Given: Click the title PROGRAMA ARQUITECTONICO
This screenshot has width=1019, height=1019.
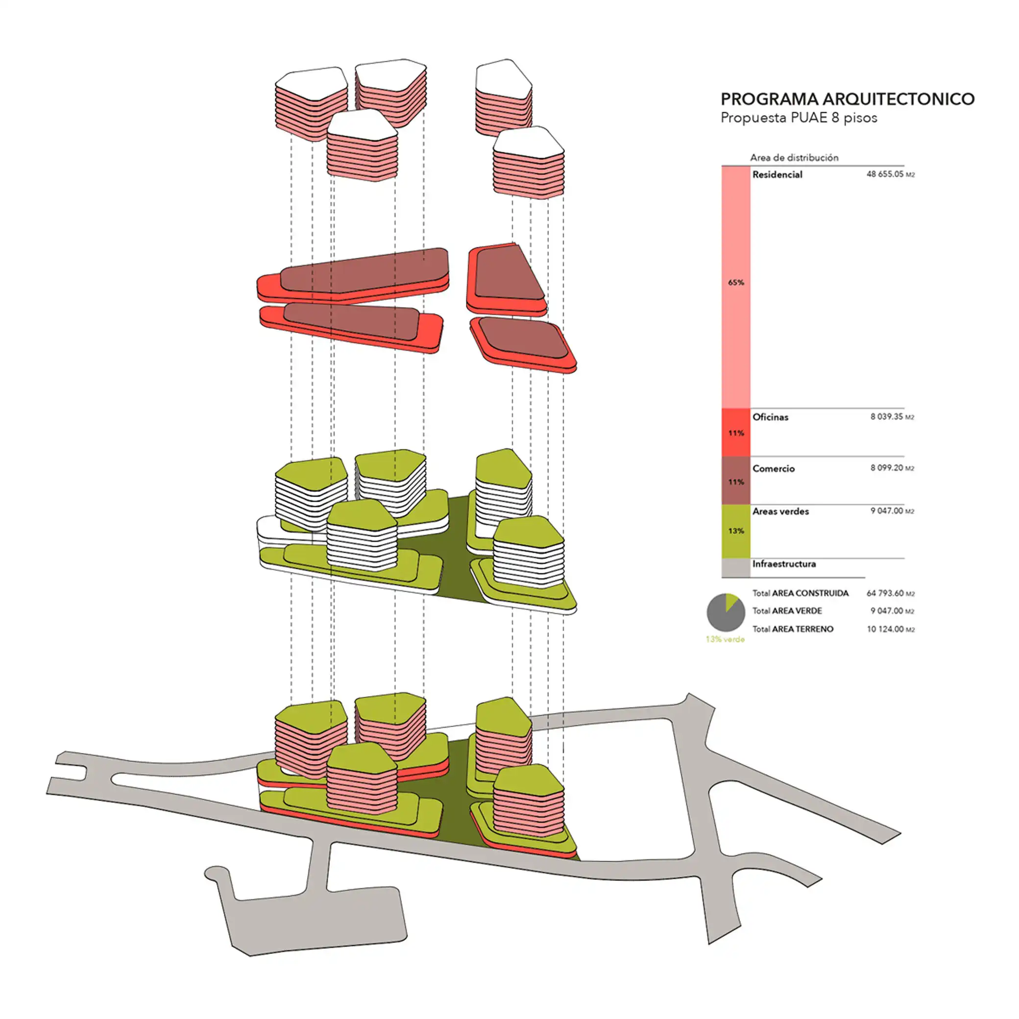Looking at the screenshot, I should coord(847,99).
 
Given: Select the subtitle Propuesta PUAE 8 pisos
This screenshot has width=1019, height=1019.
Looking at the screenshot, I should coord(799,118).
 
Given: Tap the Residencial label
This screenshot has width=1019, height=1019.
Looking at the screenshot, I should coord(777,174).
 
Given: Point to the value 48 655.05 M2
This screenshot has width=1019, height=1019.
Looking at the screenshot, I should coord(890,174).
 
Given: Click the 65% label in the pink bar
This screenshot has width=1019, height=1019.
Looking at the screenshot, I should coord(736,283).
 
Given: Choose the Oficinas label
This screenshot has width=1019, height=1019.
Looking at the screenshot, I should coord(770,417).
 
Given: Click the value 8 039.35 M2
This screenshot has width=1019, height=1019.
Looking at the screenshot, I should coord(891,417).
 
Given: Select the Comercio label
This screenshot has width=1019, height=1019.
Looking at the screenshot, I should coord(773,468).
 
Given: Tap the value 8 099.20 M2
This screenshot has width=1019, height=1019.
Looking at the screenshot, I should coord(891,468).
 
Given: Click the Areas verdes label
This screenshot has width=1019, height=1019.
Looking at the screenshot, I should coord(780,511).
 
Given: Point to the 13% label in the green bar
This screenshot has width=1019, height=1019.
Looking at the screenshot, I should coord(736,531).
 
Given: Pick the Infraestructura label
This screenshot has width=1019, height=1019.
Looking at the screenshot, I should coord(784,564).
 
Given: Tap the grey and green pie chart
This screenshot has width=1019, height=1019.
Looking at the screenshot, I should coord(726,612).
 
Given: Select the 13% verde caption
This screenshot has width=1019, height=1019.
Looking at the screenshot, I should coord(725,639).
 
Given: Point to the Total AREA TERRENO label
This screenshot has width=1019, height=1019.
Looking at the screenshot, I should coord(793,629).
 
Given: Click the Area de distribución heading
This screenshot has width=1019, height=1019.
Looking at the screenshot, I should coord(794,158).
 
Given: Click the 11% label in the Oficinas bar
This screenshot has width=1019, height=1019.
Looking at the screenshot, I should coord(736,433).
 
